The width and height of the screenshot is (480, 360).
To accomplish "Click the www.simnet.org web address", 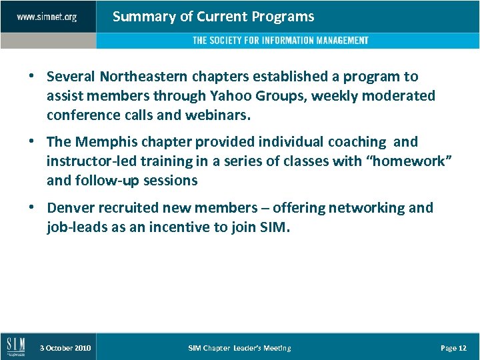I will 47,17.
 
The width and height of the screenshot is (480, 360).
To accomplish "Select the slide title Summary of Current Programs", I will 213,17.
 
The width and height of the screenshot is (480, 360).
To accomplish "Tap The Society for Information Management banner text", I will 280,41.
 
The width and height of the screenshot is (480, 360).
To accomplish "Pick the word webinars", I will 217,115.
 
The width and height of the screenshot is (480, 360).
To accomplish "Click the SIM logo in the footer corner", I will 16,347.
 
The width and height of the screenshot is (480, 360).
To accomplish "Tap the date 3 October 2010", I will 65,348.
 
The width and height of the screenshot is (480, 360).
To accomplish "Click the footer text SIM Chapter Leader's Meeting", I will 239,348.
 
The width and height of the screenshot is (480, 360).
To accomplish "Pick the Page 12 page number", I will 453,348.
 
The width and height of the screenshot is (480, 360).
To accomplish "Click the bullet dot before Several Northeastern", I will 32,77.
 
